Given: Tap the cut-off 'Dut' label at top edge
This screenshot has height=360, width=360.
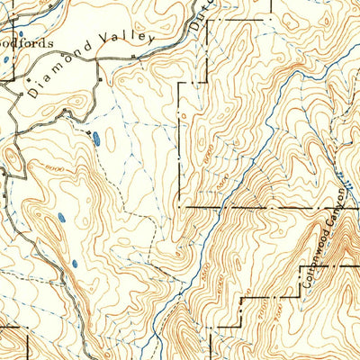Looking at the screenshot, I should tap(199, 16).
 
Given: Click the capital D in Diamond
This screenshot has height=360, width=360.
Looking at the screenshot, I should tap(32, 91).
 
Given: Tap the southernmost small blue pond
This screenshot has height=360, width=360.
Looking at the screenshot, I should tap(75, 264).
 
